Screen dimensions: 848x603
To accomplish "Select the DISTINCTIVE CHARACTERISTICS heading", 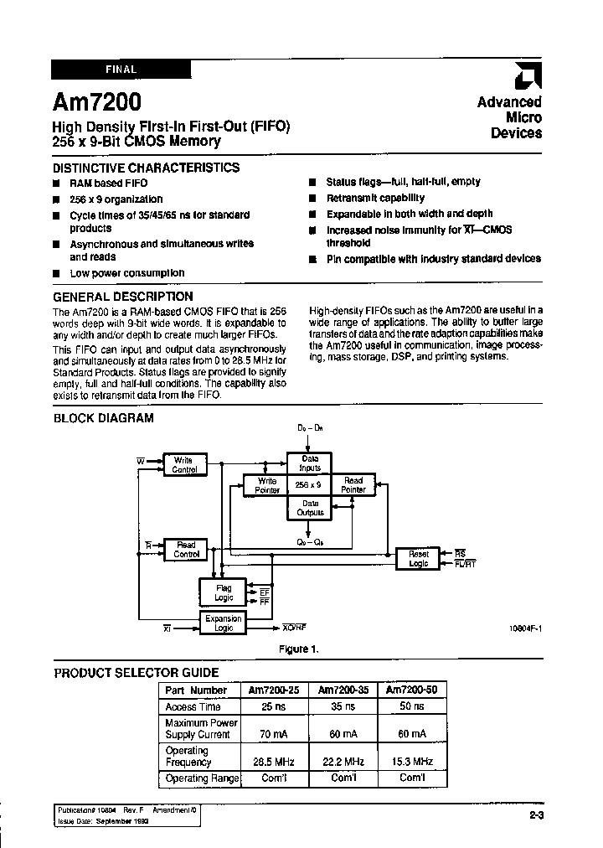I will pos(147,168).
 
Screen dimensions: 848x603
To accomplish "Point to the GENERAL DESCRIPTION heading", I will pos(123,297).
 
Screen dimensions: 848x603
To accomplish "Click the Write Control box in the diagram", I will pos(184,465).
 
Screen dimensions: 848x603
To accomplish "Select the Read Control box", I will pos(185,550).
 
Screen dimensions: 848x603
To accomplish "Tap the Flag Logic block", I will pos(224,592).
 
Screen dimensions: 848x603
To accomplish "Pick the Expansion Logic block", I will pos(224,623).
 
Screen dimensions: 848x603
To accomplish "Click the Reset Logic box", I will pos(418,558).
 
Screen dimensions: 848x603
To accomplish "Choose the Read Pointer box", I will pos(353,485).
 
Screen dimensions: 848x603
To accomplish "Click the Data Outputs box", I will pos(310,508).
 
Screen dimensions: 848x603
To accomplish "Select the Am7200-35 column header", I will pos(343,690).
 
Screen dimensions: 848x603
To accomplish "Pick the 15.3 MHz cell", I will pos(412,762).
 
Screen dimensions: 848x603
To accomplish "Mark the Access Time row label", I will pos(193,707).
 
